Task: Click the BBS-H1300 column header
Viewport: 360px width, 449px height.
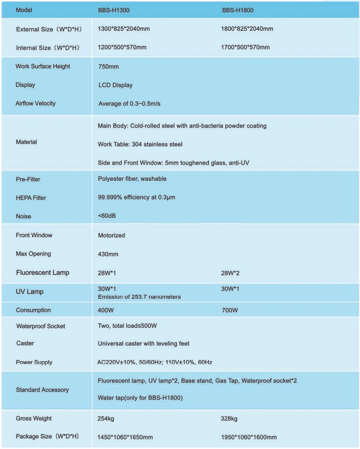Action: point(113,10)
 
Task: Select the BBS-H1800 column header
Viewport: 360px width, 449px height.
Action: point(237,10)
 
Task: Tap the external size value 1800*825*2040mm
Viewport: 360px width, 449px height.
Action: point(247,29)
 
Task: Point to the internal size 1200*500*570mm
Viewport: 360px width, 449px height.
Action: point(122,47)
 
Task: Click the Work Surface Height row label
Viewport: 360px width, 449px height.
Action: point(43,66)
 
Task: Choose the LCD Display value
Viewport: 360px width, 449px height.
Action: point(115,85)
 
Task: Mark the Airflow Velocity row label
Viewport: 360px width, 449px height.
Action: point(35,103)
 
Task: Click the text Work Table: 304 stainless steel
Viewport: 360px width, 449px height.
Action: point(140,144)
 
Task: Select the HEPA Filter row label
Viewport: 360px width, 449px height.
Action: point(31,198)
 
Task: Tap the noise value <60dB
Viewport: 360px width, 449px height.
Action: point(107,216)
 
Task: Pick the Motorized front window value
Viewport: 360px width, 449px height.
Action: point(111,235)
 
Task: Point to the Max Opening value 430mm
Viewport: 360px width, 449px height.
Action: point(108,254)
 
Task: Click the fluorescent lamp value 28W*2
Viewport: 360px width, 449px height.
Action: point(230,273)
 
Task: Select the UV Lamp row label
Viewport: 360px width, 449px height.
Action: point(30,291)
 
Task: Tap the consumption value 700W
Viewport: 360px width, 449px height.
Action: point(230,310)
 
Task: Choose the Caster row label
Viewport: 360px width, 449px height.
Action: point(25,343)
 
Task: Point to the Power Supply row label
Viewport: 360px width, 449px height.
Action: point(34,362)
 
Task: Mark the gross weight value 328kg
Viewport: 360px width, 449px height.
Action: point(229,419)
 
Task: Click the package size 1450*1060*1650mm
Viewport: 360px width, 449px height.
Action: point(125,437)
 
